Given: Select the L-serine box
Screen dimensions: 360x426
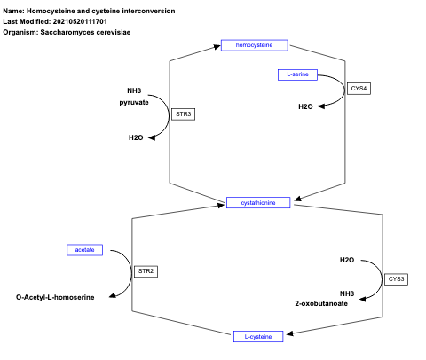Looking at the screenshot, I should (x=298, y=74).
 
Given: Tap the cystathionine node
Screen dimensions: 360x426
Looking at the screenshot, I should (x=258, y=202).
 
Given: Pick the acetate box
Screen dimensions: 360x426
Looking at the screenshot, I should (x=85, y=250).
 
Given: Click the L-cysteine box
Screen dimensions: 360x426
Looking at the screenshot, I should (x=258, y=336).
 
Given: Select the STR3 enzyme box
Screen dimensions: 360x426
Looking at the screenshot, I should (x=183, y=114).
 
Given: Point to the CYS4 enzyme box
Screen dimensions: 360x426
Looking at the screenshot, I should (x=359, y=88).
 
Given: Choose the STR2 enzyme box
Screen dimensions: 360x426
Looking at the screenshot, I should (x=146, y=270).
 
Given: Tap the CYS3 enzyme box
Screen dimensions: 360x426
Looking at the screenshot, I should (x=396, y=278).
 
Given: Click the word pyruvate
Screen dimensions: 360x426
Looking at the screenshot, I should (x=135, y=103).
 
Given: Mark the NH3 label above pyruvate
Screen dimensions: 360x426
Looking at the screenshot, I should (x=134, y=90).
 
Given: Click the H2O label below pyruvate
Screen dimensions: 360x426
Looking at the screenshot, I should (x=136, y=137).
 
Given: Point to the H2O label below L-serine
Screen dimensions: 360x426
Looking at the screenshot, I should (x=304, y=106).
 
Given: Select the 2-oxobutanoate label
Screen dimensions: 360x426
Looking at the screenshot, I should (x=322, y=303).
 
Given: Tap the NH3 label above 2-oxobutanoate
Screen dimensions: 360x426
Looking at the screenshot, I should (x=347, y=293).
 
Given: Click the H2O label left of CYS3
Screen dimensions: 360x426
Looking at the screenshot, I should (x=347, y=260).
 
